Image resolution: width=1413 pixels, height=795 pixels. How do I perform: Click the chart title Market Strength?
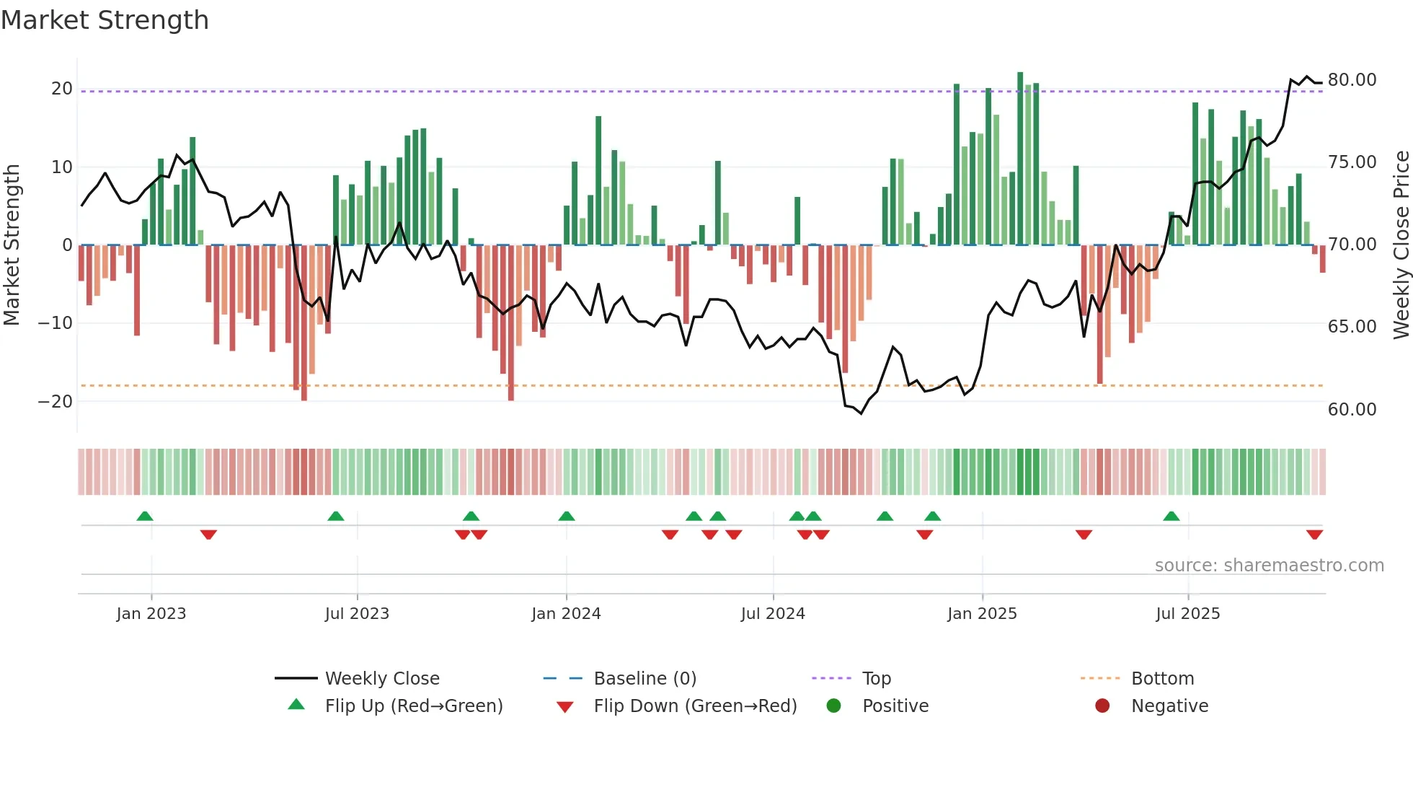tap(105, 20)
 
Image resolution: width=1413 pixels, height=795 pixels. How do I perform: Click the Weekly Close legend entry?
tap(381, 679)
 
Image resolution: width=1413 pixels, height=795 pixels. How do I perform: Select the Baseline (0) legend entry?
tap(645, 679)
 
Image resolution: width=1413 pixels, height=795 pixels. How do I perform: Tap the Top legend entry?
tap(876, 679)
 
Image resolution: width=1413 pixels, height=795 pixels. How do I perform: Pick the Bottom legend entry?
tap(1162, 679)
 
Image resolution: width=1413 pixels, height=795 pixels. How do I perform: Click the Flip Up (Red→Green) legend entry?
tap(413, 706)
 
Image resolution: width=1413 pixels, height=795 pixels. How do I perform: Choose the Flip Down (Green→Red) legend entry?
tap(695, 706)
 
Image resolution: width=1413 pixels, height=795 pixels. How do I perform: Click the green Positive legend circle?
tap(834, 706)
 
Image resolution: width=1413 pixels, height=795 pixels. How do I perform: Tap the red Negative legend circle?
tap(1102, 706)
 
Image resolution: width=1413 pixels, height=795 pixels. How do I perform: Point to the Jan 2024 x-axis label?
tap(566, 614)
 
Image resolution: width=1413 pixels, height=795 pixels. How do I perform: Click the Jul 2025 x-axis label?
tap(1187, 614)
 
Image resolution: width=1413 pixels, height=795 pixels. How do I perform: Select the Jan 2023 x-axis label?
tap(151, 614)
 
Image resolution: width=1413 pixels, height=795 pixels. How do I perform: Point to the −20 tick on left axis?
tap(56, 402)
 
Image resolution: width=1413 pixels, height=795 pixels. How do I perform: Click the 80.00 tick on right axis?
tap(1352, 80)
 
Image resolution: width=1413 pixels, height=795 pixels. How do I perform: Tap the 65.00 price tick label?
tap(1352, 327)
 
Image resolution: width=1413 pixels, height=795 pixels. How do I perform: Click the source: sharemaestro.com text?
tap(1269, 566)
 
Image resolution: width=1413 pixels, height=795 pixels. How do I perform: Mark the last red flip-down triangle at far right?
tap(1314, 535)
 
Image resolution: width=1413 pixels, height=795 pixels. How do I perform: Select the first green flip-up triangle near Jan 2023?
tap(145, 516)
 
